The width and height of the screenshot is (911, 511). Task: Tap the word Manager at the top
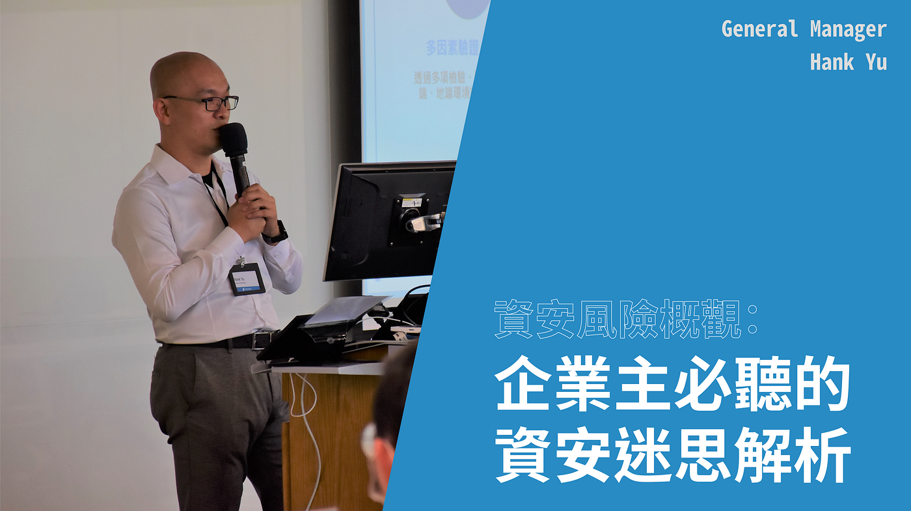848,29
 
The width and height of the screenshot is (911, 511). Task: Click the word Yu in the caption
876,62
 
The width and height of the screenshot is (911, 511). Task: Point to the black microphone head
232,139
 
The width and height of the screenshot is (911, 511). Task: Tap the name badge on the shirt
247,279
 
